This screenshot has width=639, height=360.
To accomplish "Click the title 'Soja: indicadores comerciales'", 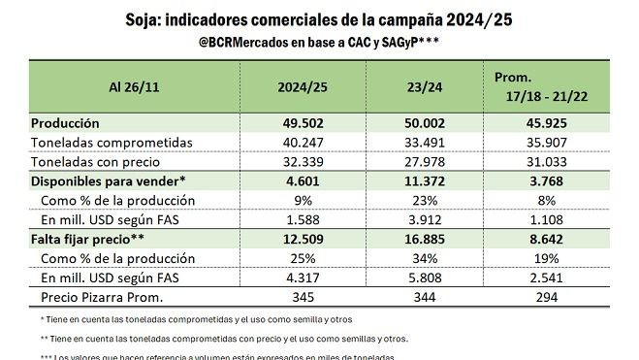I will pos(319,19).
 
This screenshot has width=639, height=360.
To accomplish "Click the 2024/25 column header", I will pos(301,87).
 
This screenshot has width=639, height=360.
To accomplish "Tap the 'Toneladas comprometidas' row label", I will pos(98,143).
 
